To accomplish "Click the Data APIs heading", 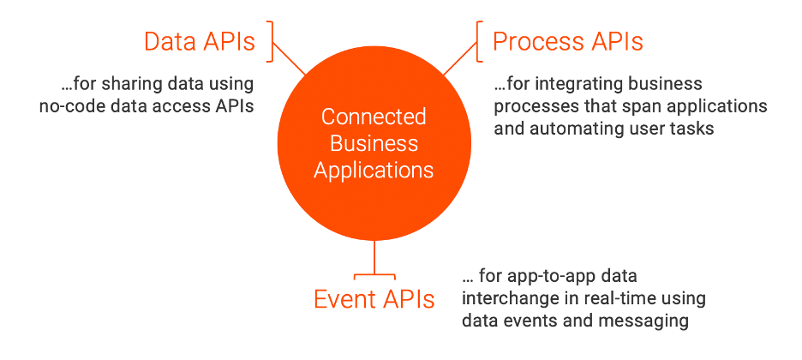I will pyautogui.click(x=199, y=42).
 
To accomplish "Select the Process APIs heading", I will pyautogui.click(x=567, y=40).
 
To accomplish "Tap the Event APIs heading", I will pyautogui.click(x=374, y=299).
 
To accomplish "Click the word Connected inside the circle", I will pyautogui.click(x=374, y=116).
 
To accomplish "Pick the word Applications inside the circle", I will pyautogui.click(x=374, y=170).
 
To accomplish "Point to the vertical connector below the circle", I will pyautogui.click(x=374, y=257).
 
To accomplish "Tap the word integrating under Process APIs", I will pyautogui.click(x=571, y=85).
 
